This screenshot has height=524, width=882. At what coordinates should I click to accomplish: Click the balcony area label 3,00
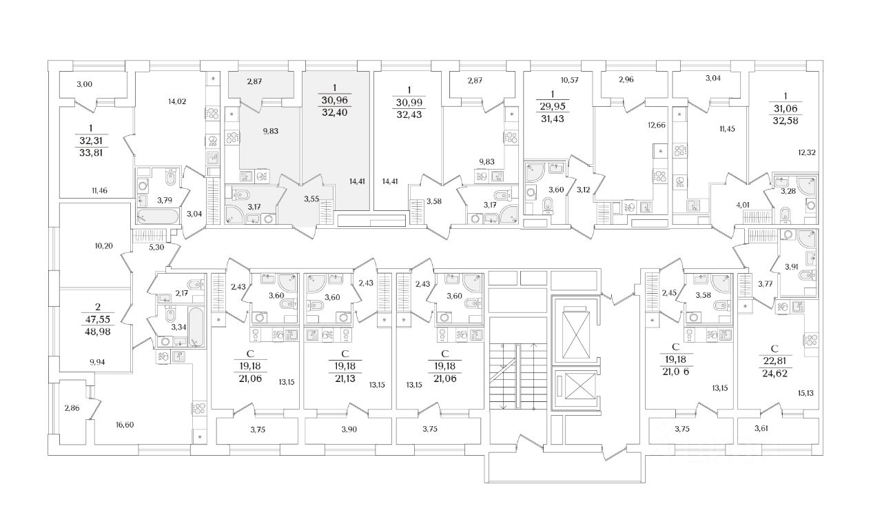coord(84,84)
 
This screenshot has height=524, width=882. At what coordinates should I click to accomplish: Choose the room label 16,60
coord(125,425)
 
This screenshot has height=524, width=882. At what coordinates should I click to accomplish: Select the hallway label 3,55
coord(312,200)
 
